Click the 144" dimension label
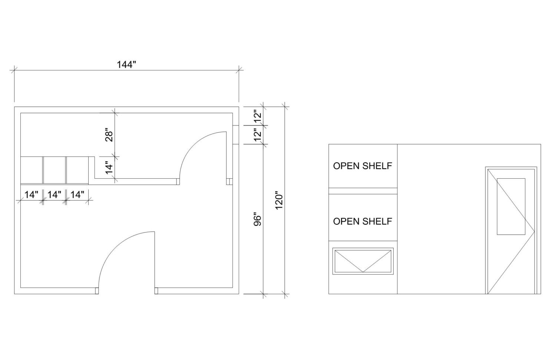127,65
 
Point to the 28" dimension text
109,135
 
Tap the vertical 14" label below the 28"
109,168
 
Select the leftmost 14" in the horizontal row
32,195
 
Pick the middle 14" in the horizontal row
54,195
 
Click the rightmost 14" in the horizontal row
77,195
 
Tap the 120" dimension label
279,200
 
